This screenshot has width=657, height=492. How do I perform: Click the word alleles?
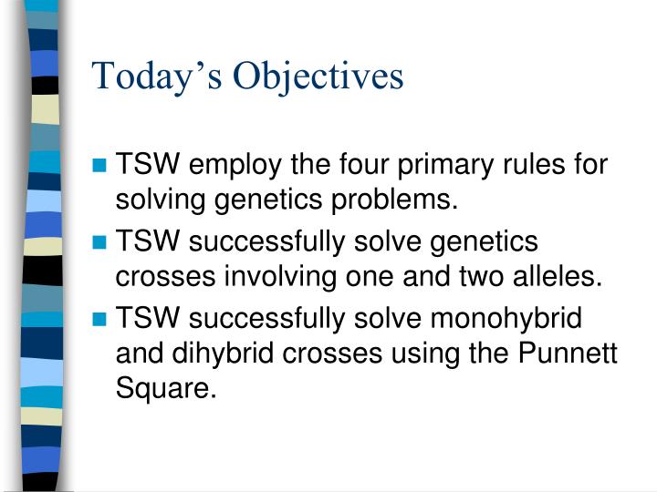[x=558, y=277]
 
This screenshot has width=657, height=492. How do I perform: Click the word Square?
[x=167, y=390]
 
